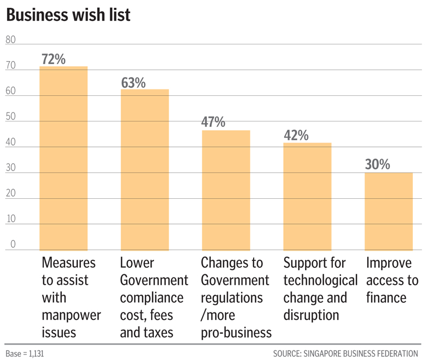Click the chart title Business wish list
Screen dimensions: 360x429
pyautogui.click(x=68, y=15)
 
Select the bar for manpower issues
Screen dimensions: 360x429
pyautogui.click(x=64, y=158)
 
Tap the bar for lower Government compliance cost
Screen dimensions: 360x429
pyautogui.click(x=145, y=169)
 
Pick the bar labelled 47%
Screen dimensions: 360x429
pyautogui.click(x=226, y=190)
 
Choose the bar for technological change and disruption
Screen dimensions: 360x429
pyautogui.click(x=307, y=196)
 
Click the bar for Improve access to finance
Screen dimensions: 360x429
pyautogui.click(x=389, y=211)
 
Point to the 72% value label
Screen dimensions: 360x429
pyautogui.click(x=53, y=59)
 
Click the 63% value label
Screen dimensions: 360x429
pyautogui.click(x=133, y=82)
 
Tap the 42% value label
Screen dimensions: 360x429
pyautogui.click(x=295, y=136)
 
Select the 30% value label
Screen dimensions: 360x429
pyautogui.click(x=378, y=164)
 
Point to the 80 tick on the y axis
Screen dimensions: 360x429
pyautogui.click(x=11, y=40)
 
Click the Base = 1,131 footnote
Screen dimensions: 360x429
pyautogui.click(x=26, y=353)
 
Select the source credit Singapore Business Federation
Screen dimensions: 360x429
pyautogui.click(x=345, y=353)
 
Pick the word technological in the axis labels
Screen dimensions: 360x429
pyautogui.click(x=321, y=280)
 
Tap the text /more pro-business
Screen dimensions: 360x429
pyautogui.click(x=236, y=324)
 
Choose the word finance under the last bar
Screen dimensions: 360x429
pyautogui.click(x=386, y=297)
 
